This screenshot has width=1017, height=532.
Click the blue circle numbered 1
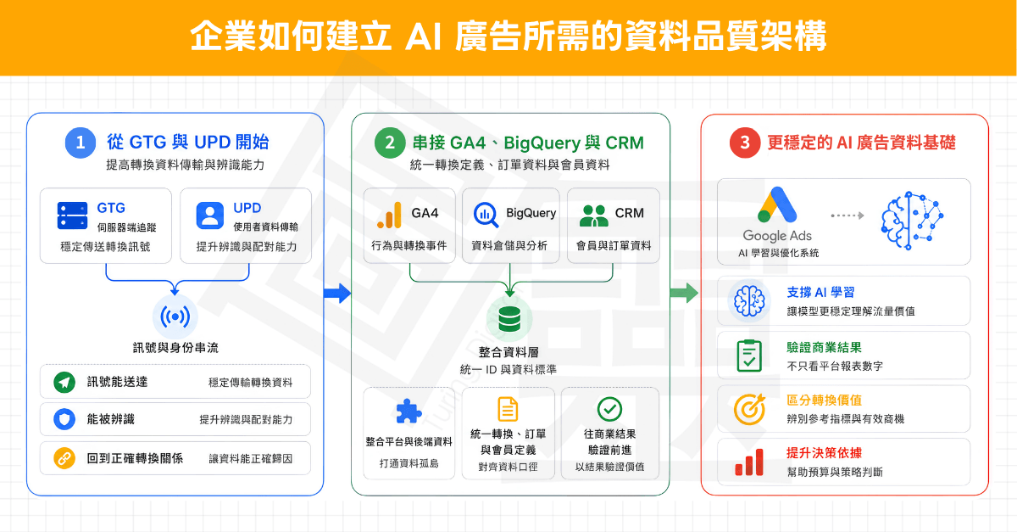81,143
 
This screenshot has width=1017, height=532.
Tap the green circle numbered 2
390,143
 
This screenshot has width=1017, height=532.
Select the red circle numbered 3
745,143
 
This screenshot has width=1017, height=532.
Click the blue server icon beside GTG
73,216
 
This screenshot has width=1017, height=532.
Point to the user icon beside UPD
210,216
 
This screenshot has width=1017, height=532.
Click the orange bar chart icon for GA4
390,215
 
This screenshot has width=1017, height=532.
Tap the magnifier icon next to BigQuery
486,215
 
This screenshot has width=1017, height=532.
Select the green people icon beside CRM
594,216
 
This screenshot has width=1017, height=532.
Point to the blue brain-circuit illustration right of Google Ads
912,221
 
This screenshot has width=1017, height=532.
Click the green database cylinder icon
509,319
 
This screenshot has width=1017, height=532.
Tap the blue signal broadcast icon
175,316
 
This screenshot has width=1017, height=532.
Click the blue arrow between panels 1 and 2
337,294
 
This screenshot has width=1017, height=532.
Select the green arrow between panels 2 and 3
684,293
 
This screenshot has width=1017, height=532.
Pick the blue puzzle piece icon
408,411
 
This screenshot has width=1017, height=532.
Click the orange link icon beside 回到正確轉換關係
64,458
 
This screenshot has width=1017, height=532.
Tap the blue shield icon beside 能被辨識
64,419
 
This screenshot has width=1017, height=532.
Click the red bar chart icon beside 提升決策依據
749,462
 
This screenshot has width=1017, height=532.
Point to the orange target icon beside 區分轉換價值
749,409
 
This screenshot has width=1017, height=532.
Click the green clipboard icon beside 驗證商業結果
749,356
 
